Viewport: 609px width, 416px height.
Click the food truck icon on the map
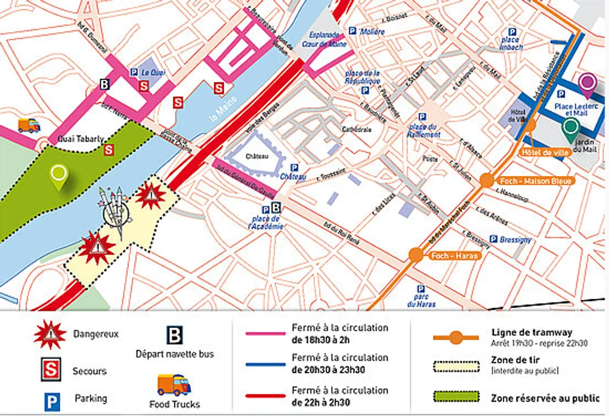29,126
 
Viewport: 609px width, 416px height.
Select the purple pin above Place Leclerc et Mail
587,82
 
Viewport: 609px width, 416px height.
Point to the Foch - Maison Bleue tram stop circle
487,180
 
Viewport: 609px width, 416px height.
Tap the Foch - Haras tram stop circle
416,255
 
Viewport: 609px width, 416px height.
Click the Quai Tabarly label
81,139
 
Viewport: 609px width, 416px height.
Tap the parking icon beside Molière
352,32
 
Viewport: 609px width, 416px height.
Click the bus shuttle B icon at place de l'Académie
276,207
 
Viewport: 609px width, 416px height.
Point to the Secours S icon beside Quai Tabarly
109,149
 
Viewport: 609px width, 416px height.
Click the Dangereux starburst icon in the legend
50,334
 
